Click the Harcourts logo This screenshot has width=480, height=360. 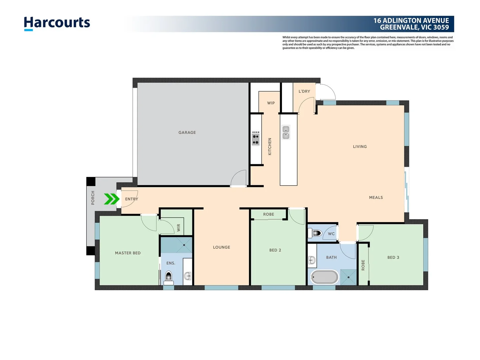(57, 23)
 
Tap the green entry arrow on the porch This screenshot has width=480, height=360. (111, 199)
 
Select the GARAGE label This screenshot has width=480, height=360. (187, 132)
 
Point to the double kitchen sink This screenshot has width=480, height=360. (286, 132)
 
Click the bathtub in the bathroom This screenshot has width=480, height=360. (324, 277)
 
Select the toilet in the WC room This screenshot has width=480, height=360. (315, 233)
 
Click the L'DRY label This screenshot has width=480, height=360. (304, 91)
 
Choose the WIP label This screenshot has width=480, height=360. (271, 103)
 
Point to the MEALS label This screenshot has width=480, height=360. (376, 197)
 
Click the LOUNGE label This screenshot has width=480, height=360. (221, 247)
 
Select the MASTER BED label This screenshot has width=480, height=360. (128, 253)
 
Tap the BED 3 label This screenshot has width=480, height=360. (393, 257)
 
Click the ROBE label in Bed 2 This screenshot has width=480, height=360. (268, 214)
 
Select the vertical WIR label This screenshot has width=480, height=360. (178, 228)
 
